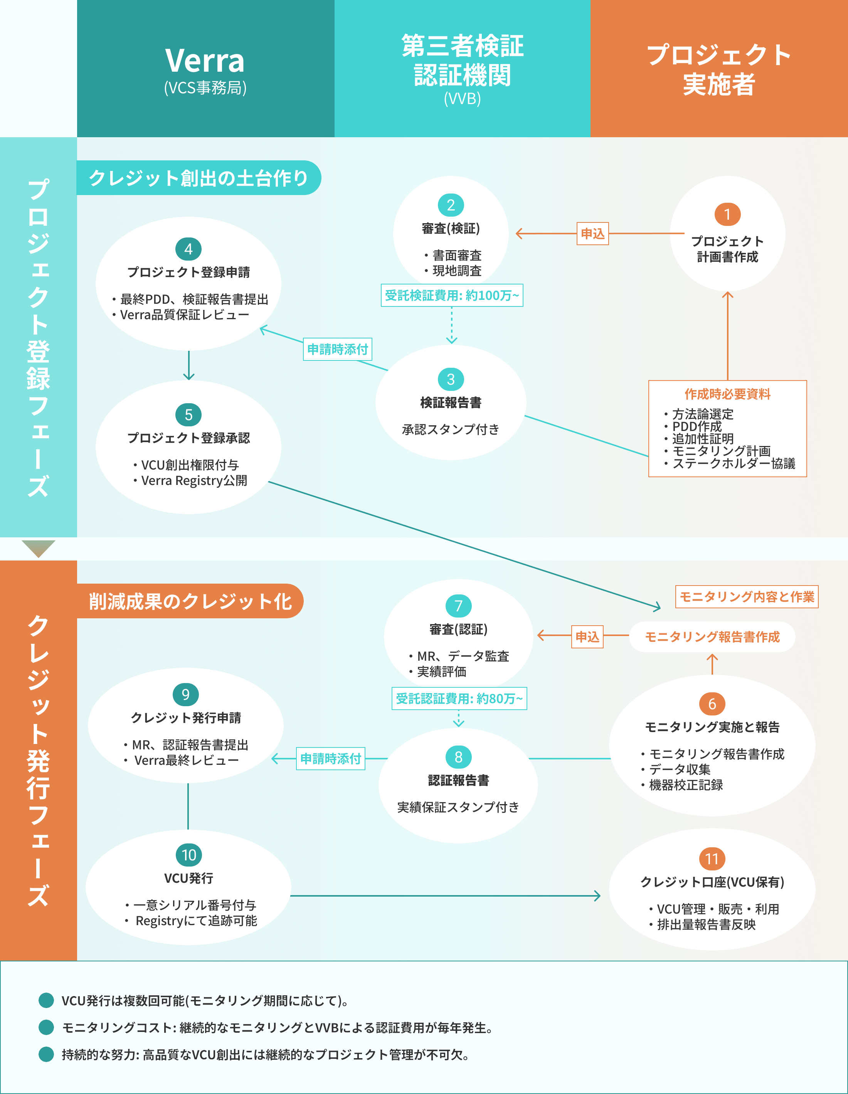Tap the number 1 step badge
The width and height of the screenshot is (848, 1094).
(727, 214)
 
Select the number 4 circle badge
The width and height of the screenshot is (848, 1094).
(188, 249)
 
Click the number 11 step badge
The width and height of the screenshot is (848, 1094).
(712, 859)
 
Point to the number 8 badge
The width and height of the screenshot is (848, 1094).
(458, 757)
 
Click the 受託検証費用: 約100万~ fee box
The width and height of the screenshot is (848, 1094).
(452, 296)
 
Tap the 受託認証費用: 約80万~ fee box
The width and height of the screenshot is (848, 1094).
(459, 698)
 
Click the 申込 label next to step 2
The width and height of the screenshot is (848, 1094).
(592, 234)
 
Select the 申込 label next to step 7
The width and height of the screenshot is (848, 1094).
(587, 637)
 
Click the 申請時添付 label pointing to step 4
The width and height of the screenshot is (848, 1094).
(338, 349)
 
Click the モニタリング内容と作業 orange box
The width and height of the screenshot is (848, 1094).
(746, 597)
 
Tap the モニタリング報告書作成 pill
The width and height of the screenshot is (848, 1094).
(712, 637)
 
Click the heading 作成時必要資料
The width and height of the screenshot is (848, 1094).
(727, 394)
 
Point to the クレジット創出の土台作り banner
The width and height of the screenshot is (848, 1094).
(199, 178)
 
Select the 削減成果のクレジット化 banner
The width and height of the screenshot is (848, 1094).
(190, 601)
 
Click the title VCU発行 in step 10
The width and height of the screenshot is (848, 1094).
(188, 878)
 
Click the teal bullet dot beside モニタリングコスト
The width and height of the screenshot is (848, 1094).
(46, 1027)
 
